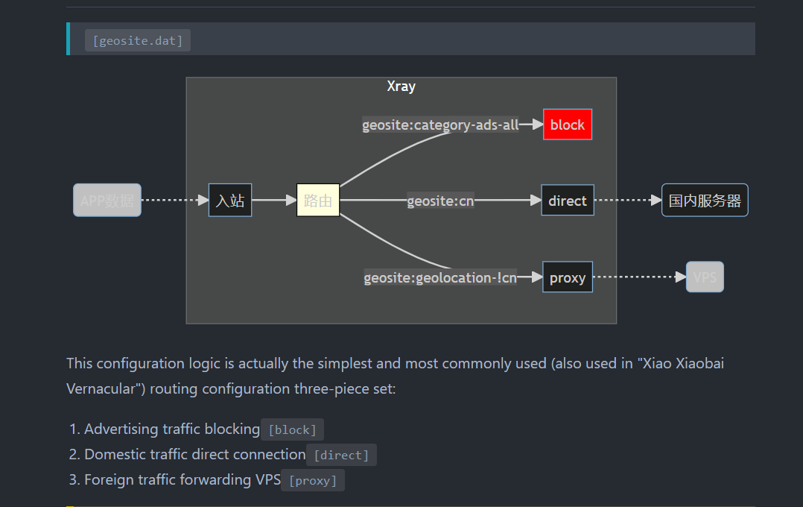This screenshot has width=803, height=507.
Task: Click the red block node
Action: point(568,125)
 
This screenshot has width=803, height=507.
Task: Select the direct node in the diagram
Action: point(568,201)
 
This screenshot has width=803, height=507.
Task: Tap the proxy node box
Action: point(568,277)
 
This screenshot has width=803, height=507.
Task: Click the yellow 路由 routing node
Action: point(318,201)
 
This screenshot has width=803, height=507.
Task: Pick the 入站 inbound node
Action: point(230,201)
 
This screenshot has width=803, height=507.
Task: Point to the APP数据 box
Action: point(107,201)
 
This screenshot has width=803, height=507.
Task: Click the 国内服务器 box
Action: point(705,201)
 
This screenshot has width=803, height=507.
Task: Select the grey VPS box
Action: point(705,277)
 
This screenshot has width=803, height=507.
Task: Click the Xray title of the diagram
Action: point(401,86)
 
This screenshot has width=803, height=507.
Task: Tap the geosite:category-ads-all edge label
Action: point(440,125)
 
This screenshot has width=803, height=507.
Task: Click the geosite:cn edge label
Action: point(440,201)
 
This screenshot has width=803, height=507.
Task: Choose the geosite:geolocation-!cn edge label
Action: point(440,278)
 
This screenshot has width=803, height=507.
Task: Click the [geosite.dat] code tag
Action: point(138,40)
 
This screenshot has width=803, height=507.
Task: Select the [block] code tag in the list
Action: point(292,429)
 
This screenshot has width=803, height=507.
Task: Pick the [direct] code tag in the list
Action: point(342,455)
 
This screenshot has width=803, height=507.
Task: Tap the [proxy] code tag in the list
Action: point(313,480)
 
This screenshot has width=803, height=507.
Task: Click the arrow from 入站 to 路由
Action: point(274,201)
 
